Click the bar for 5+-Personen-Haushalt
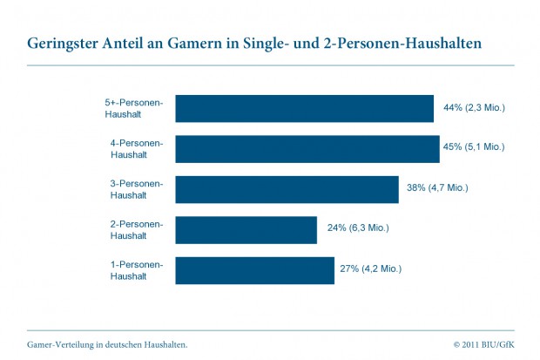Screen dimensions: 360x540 click(304, 108)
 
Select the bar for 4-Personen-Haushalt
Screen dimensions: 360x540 click(307, 148)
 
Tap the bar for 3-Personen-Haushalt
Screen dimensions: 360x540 click(287, 189)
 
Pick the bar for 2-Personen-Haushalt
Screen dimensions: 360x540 click(246, 230)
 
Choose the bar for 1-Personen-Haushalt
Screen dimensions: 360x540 click(254, 270)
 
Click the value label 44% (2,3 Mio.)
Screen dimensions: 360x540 click(474, 108)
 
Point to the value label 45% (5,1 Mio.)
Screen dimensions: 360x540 click(474, 147)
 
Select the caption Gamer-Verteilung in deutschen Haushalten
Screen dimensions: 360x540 click(107, 344)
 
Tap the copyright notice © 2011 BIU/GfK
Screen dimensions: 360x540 click(483, 344)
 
